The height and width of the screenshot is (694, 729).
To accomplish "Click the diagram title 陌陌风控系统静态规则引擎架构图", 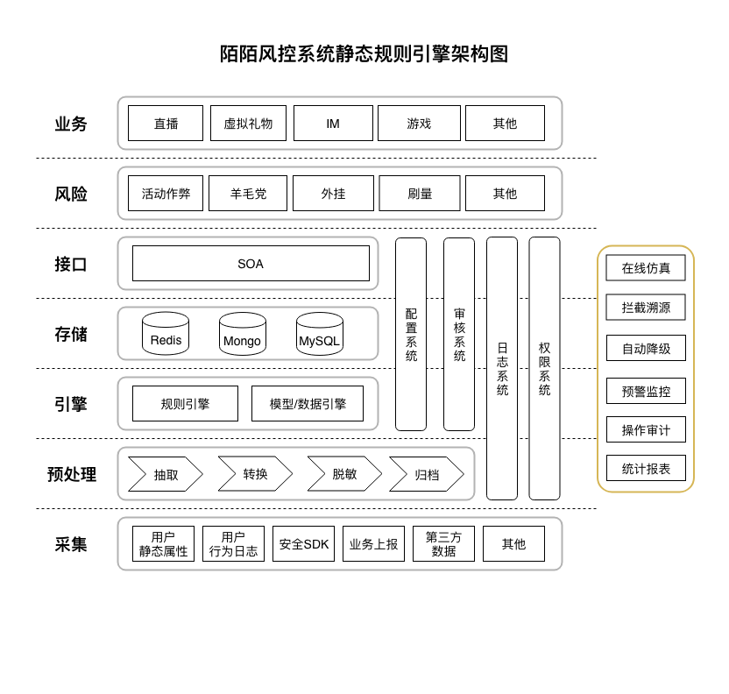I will point(364,54).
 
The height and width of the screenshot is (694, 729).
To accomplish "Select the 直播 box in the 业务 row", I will point(166,124).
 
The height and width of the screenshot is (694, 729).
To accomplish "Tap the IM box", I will point(333,124).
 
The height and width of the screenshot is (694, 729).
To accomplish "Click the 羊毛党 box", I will point(248,194).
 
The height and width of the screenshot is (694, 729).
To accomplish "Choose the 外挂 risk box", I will point(333,194).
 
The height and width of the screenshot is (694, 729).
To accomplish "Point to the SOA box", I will point(251,264).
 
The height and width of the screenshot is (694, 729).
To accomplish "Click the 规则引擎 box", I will point(185,404).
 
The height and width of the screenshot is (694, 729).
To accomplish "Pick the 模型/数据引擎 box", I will point(308,404).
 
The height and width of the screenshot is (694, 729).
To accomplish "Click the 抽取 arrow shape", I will point(166,474).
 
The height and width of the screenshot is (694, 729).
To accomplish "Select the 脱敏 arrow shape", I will point(344,474).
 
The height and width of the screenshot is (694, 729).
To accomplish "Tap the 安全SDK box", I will point(304,544).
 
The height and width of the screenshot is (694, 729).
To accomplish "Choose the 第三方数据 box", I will point(443,544).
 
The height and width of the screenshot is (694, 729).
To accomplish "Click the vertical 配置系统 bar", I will point(411,334).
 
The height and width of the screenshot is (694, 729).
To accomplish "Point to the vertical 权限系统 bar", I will point(544,368).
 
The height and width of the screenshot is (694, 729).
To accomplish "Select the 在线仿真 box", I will point(646,268).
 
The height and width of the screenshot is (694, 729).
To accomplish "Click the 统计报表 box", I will point(646,468).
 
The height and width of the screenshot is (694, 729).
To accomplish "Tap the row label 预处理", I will point(72,474).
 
